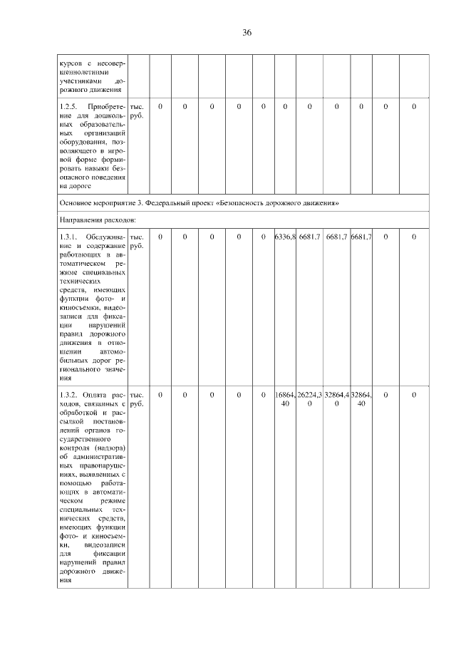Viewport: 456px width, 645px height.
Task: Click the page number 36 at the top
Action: (247, 33)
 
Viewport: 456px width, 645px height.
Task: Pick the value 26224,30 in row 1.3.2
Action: (310, 398)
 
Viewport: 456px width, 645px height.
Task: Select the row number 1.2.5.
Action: (71, 107)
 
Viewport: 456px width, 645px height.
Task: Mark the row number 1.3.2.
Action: (71, 394)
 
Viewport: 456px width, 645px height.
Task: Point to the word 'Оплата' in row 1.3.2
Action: (96, 394)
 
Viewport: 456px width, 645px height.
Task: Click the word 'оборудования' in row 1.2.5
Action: (83, 141)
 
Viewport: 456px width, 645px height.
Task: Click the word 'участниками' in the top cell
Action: (81, 81)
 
